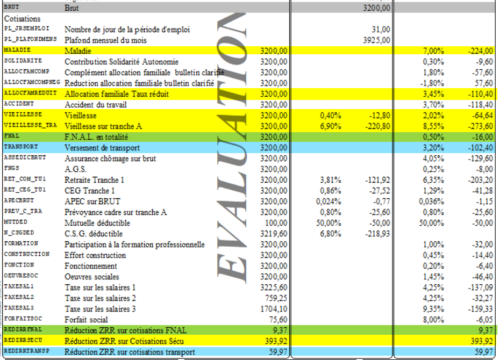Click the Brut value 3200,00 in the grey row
377,8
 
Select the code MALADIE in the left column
17,51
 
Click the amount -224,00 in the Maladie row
480,51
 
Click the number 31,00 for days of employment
381,29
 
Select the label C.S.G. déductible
94,234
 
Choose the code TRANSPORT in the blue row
20,147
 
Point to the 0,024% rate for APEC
328,201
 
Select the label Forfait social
86,320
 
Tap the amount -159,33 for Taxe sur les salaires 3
480,309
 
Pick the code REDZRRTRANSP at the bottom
26,351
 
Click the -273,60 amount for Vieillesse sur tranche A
480,126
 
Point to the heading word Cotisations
25,19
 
